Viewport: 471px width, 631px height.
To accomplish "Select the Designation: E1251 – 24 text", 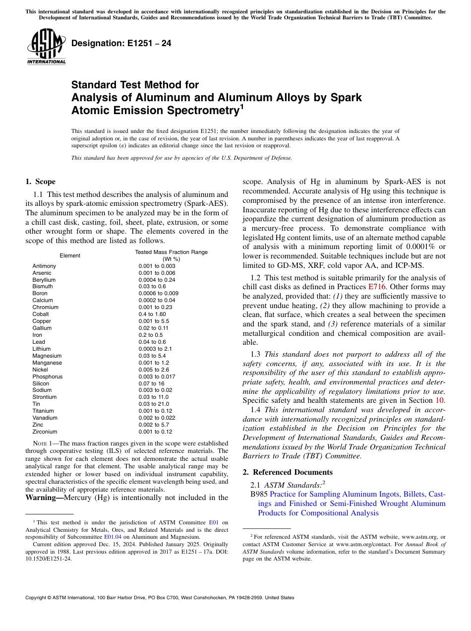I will (x=121, y=43).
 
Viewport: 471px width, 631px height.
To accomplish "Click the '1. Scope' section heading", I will (x=41, y=182).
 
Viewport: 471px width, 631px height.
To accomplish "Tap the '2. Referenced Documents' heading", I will (x=288, y=472).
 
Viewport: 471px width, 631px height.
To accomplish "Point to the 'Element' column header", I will (x=70, y=255).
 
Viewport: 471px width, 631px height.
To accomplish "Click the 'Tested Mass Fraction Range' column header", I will (x=171, y=252).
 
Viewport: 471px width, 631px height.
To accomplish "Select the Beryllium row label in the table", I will (x=44, y=280).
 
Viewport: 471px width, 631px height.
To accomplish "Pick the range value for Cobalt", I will (x=152, y=314).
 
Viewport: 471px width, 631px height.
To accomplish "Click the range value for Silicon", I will (x=151, y=383).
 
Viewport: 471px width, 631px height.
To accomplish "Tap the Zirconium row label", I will (x=45, y=432).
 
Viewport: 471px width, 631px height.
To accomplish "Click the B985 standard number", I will (x=260, y=494).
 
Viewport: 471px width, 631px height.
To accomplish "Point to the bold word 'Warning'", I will (x=43, y=497).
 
